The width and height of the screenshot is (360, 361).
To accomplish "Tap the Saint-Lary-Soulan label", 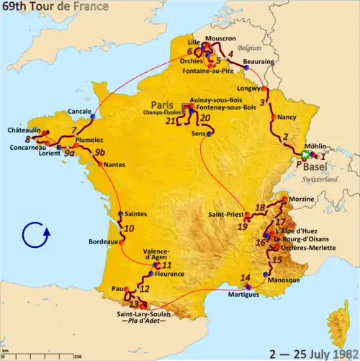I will point(141,313).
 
